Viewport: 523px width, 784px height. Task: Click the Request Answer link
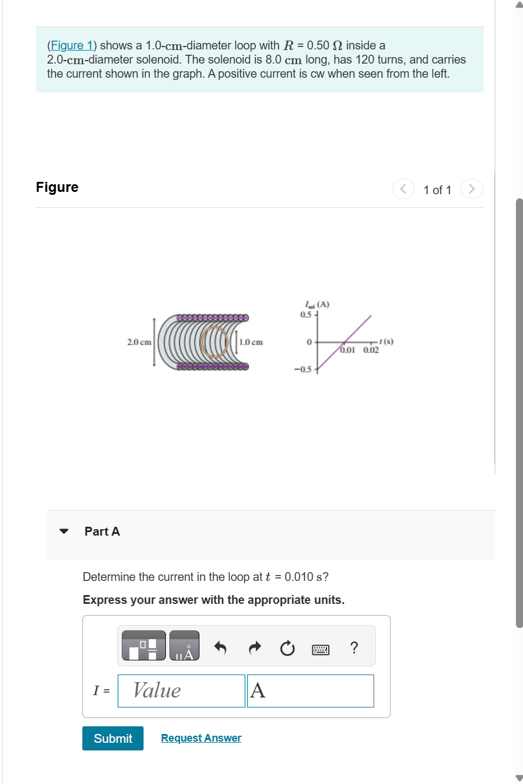pyautogui.click(x=201, y=738)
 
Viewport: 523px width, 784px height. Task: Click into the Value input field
pyautogui.click(x=181, y=690)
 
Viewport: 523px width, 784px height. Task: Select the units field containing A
pyautogui.click(x=310, y=690)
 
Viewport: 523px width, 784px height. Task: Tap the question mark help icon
pyautogui.click(x=354, y=648)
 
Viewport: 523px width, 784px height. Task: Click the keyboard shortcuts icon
pyautogui.click(x=321, y=649)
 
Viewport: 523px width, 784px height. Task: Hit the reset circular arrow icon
pyautogui.click(x=287, y=649)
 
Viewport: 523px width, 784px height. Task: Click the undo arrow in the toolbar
pyautogui.click(x=221, y=649)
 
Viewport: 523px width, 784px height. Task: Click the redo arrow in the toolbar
pyautogui.click(x=254, y=649)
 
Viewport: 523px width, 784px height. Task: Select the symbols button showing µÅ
pyautogui.click(x=184, y=646)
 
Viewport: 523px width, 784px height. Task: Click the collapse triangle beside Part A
pyautogui.click(x=64, y=531)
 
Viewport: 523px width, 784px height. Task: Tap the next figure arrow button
pyautogui.click(x=471, y=190)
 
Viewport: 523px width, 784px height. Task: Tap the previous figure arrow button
pyautogui.click(x=403, y=190)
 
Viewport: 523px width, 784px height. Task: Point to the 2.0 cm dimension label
pyautogui.click(x=139, y=342)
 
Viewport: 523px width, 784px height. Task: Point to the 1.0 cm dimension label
pyautogui.click(x=251, y=342)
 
